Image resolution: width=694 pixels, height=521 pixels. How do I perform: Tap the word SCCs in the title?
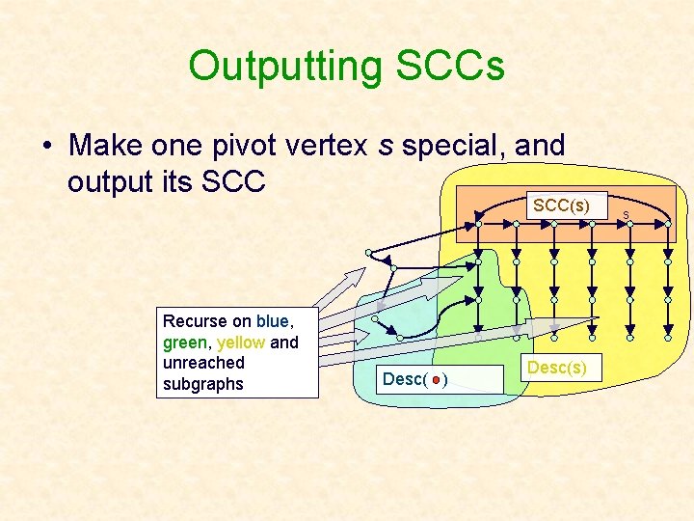click(449, 67)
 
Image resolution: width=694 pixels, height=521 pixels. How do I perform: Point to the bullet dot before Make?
click(46, 147)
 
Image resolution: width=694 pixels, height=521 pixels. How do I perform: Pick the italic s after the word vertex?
click(386, 146)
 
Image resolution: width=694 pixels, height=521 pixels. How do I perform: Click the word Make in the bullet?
click(108, 146)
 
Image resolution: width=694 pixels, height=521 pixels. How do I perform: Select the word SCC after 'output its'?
click(231, 181)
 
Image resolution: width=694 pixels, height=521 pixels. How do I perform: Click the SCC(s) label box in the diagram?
click(561, 206)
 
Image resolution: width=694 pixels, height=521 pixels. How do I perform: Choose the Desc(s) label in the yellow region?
click(556, 368)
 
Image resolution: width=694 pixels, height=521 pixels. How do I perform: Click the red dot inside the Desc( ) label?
click(436, 380)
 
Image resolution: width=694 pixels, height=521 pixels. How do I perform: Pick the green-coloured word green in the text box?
click(184, 342)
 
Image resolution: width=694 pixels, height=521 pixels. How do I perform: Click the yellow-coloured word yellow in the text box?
click(241, 342)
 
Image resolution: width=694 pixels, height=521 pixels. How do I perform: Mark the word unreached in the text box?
click(203, 363)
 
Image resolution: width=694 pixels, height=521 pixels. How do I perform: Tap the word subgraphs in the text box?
click(203, 384)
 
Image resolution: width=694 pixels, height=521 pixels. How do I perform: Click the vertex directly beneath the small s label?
click(629, 224)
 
